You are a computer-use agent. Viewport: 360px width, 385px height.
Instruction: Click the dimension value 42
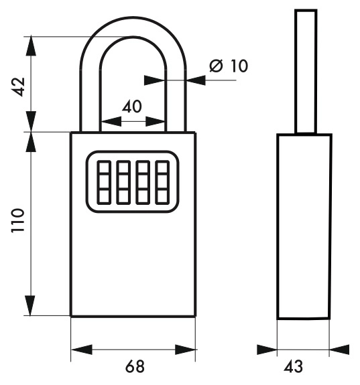[x=19, y=86]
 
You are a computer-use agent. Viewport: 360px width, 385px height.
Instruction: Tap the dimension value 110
[x=18, y=220]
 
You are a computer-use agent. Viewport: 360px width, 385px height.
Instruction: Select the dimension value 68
[x=135, y=366]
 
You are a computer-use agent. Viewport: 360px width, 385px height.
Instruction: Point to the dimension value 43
[x=293, y=366]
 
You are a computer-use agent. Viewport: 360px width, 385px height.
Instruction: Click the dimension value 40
[x=132, y=106]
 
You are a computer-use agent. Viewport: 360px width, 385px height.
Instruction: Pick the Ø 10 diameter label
[x=229, y=66]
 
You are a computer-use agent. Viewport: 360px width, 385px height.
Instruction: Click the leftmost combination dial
[x=104, y=182]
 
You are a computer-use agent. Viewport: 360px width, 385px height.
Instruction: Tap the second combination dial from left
[x=123, y=182]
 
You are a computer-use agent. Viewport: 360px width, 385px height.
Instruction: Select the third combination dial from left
[x=143, y=182]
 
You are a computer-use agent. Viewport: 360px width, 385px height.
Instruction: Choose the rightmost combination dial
[x=162, y=182]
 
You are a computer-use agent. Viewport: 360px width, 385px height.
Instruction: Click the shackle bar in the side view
[x=306, y=72]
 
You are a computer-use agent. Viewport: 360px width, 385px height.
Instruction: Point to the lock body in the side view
[x=304, y=226]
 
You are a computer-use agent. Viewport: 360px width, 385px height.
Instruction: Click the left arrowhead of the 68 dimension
[x=81, y=350]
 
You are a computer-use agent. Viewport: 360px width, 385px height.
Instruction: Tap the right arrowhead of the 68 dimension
[x=185, y=350]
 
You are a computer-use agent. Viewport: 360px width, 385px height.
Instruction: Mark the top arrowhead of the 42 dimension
[x=31, y=46]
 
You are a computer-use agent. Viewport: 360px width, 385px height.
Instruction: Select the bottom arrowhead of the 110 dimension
[x=30, y=305]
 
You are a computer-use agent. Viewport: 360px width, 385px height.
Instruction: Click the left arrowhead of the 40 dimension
[x=111, y=121]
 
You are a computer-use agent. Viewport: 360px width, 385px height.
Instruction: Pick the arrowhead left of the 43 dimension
[x=267, y=350]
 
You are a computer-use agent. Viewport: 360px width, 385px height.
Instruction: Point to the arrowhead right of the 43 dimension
[x=339, y=350]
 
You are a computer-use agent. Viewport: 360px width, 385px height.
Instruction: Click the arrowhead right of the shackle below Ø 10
[x=196, y=80]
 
